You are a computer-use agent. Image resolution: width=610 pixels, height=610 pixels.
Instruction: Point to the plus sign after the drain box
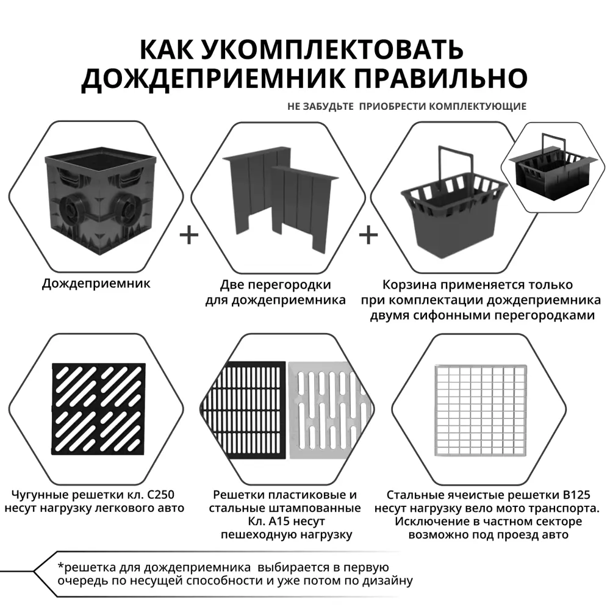point(190,235)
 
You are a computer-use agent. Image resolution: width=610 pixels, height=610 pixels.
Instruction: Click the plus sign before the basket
point(368,235)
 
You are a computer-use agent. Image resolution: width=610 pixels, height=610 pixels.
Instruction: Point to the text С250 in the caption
point(160,495)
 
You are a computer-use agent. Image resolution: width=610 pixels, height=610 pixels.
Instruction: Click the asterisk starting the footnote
point(60,566)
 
